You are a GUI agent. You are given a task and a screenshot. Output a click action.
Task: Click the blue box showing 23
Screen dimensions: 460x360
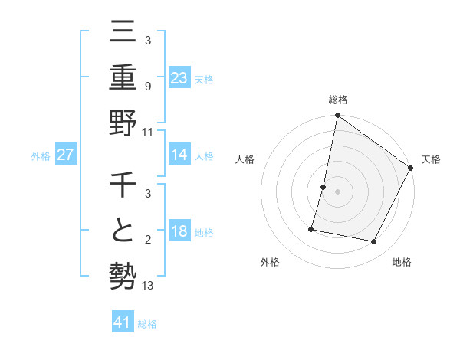coord(179,77)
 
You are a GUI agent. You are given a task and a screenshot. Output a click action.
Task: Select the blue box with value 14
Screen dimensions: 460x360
coord(179,155)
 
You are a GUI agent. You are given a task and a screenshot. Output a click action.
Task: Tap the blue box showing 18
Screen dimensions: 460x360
coord(179,232)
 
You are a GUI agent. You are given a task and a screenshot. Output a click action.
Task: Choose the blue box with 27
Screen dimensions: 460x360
coord(65,155)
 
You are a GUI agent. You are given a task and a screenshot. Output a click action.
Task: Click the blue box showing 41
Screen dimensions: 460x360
coord(123,322)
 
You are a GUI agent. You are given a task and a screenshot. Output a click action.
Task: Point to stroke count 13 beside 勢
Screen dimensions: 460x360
coord(148,286)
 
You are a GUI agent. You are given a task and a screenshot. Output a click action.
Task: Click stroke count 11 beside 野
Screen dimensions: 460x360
coord(148,131)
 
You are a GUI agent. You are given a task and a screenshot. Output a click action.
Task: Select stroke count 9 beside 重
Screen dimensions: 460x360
coord(148,87)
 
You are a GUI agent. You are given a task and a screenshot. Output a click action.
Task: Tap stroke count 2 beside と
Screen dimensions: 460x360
coord(148,241)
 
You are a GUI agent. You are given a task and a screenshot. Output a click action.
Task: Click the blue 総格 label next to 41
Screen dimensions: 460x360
coord(147,324)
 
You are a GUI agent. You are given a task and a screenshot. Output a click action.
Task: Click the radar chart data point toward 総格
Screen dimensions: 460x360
coord(337,116)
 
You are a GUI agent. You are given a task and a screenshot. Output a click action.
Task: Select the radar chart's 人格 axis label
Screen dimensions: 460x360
coord(245,159)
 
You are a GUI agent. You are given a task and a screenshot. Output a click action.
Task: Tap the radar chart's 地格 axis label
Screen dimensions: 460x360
coord(402,262)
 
